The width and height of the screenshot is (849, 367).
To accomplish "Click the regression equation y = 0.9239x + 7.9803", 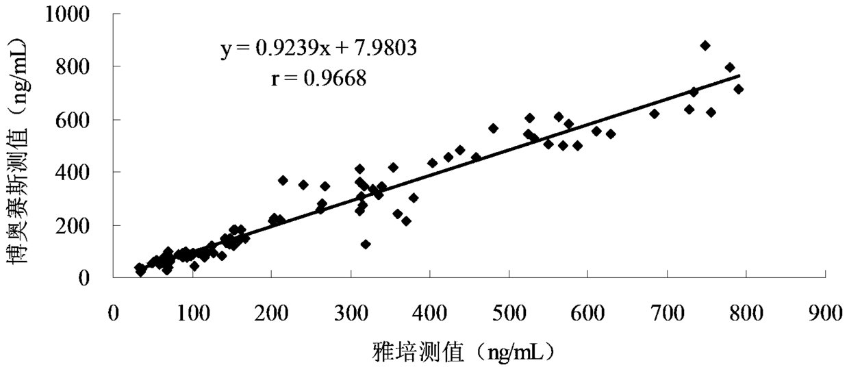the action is [319, 48].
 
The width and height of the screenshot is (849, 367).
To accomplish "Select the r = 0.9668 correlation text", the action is [319, 79].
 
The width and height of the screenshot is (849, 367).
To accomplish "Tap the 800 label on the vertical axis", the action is [73, 67].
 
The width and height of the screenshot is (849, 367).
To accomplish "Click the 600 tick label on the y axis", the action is [73, 121].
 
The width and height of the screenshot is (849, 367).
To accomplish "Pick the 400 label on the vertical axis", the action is [73, 173].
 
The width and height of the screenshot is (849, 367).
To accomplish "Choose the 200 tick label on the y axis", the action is [73, 226].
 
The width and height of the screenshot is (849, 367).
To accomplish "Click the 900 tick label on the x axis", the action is [825, 314].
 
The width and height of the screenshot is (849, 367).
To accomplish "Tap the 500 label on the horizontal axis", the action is [509, 314].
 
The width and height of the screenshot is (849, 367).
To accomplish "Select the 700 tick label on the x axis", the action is [667, 314].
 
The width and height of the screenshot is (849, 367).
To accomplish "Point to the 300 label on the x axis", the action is [351, 314].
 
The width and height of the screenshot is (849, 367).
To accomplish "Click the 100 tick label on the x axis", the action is [192, 314].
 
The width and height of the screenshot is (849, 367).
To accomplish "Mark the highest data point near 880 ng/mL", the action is [705, 45].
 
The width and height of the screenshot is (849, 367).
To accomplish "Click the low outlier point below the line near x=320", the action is [366, 244].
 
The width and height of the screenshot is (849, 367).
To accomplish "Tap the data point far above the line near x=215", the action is [283, 181].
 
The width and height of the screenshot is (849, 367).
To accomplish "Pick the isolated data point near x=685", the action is [654, 114].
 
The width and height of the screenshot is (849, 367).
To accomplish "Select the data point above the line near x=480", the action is [493, 129].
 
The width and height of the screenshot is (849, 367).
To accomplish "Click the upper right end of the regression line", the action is [739, 75].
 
